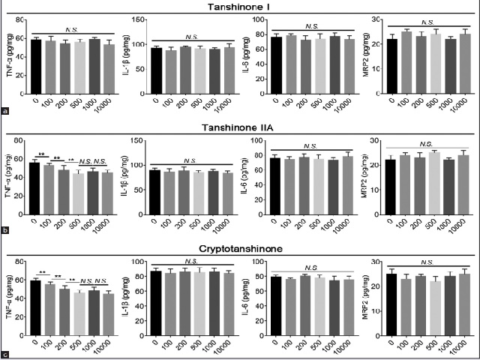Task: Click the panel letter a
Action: (6, 110)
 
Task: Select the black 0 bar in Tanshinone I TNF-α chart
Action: (35, 64)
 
